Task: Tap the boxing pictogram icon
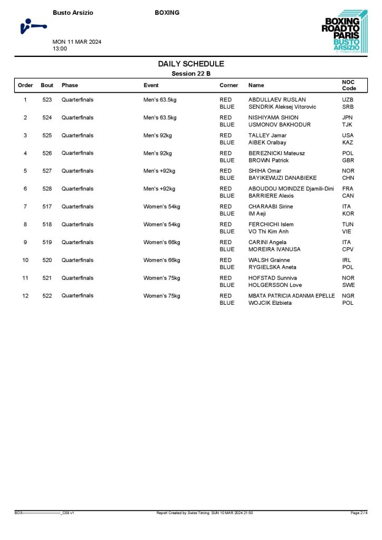click(x=33, y=26)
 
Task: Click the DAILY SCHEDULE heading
click(x=191, y=64)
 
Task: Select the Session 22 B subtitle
click(x=191, y=74)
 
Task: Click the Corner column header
click(x=228, y=85)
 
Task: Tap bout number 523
click(x=47, y=100)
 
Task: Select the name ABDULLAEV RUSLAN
click(x=277, y=100)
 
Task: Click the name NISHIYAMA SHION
click(x=273, y=118)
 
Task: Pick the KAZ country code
click(x=348, y=142)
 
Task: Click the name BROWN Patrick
click(x=269, y=160)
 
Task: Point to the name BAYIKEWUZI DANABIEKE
click(x=282, y=178)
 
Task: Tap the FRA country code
click(x=348, y=189)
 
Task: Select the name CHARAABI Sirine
click(x=271, y=207)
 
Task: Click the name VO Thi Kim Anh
click(x=269, y=232)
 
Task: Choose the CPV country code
click(x=348, y=249)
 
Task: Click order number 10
click(x=25, y=260)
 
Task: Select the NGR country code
click(x=348, y=296)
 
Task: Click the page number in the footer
click(x=359, y=513)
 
